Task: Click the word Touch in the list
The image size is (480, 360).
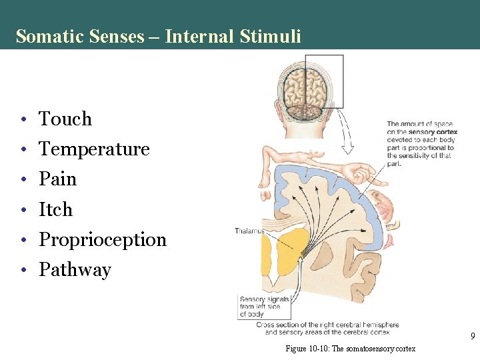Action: click(65, 119)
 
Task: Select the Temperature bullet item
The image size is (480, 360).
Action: click(94, 149)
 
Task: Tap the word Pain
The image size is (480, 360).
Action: click(58, 179)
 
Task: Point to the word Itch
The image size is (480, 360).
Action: click(55, 209)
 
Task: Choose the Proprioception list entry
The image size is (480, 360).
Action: click(103, 239)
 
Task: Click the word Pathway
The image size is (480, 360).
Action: click(75, 270)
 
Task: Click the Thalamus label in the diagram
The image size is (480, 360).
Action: click(249, 231)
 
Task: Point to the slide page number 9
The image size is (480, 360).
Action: click(473, 337)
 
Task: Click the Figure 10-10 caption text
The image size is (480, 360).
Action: click(350, 349)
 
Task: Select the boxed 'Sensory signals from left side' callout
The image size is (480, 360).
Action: click(265, 307)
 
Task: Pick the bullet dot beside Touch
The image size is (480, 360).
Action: click(23, 120)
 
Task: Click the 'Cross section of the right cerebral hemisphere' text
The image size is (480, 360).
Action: click(327, 325)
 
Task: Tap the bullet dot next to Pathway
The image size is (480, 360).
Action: click(23, 271)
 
